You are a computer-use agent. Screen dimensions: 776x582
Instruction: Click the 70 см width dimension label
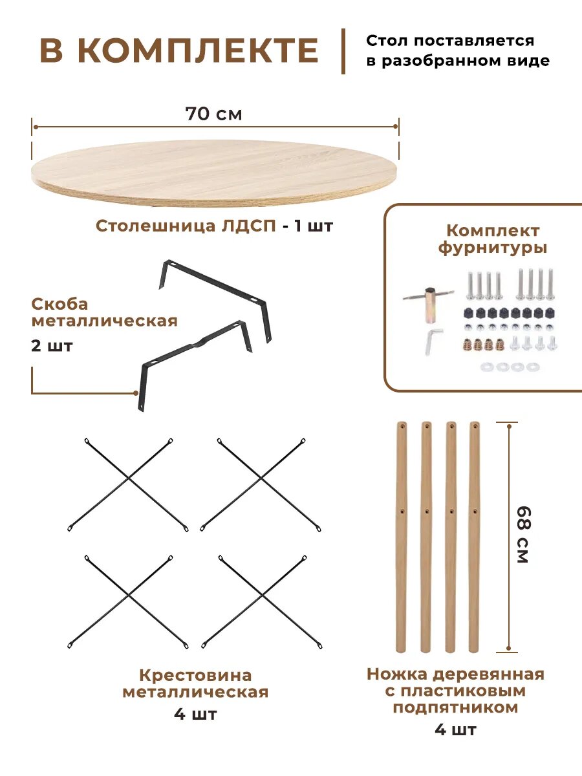pyautogui.click(x=213, y=114)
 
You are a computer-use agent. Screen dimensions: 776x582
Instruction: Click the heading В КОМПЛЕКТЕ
pyautogui.click(x=179, y=50)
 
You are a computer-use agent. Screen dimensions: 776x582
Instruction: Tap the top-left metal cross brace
pyautogui.click(x=128, y=484)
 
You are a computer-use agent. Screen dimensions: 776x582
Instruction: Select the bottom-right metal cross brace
pyautogui.click(x=262, y=601)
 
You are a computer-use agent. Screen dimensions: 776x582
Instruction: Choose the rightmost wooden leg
pyautogui.click(x=475, y=537)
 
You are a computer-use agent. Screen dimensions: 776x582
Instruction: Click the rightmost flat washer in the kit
pyautogui.click(x=532, y=367)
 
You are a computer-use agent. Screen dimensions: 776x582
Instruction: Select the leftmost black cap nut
pyautogui.click(x=468, y=314)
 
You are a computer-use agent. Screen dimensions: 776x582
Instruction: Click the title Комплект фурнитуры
pyautogui.click(x=493, y=239)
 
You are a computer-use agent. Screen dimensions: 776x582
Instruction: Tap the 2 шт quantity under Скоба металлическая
pyautogui.click(x=52, y=345)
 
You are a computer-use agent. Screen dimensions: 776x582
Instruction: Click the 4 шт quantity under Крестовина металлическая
pyautogui.click(x=195, y=715)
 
